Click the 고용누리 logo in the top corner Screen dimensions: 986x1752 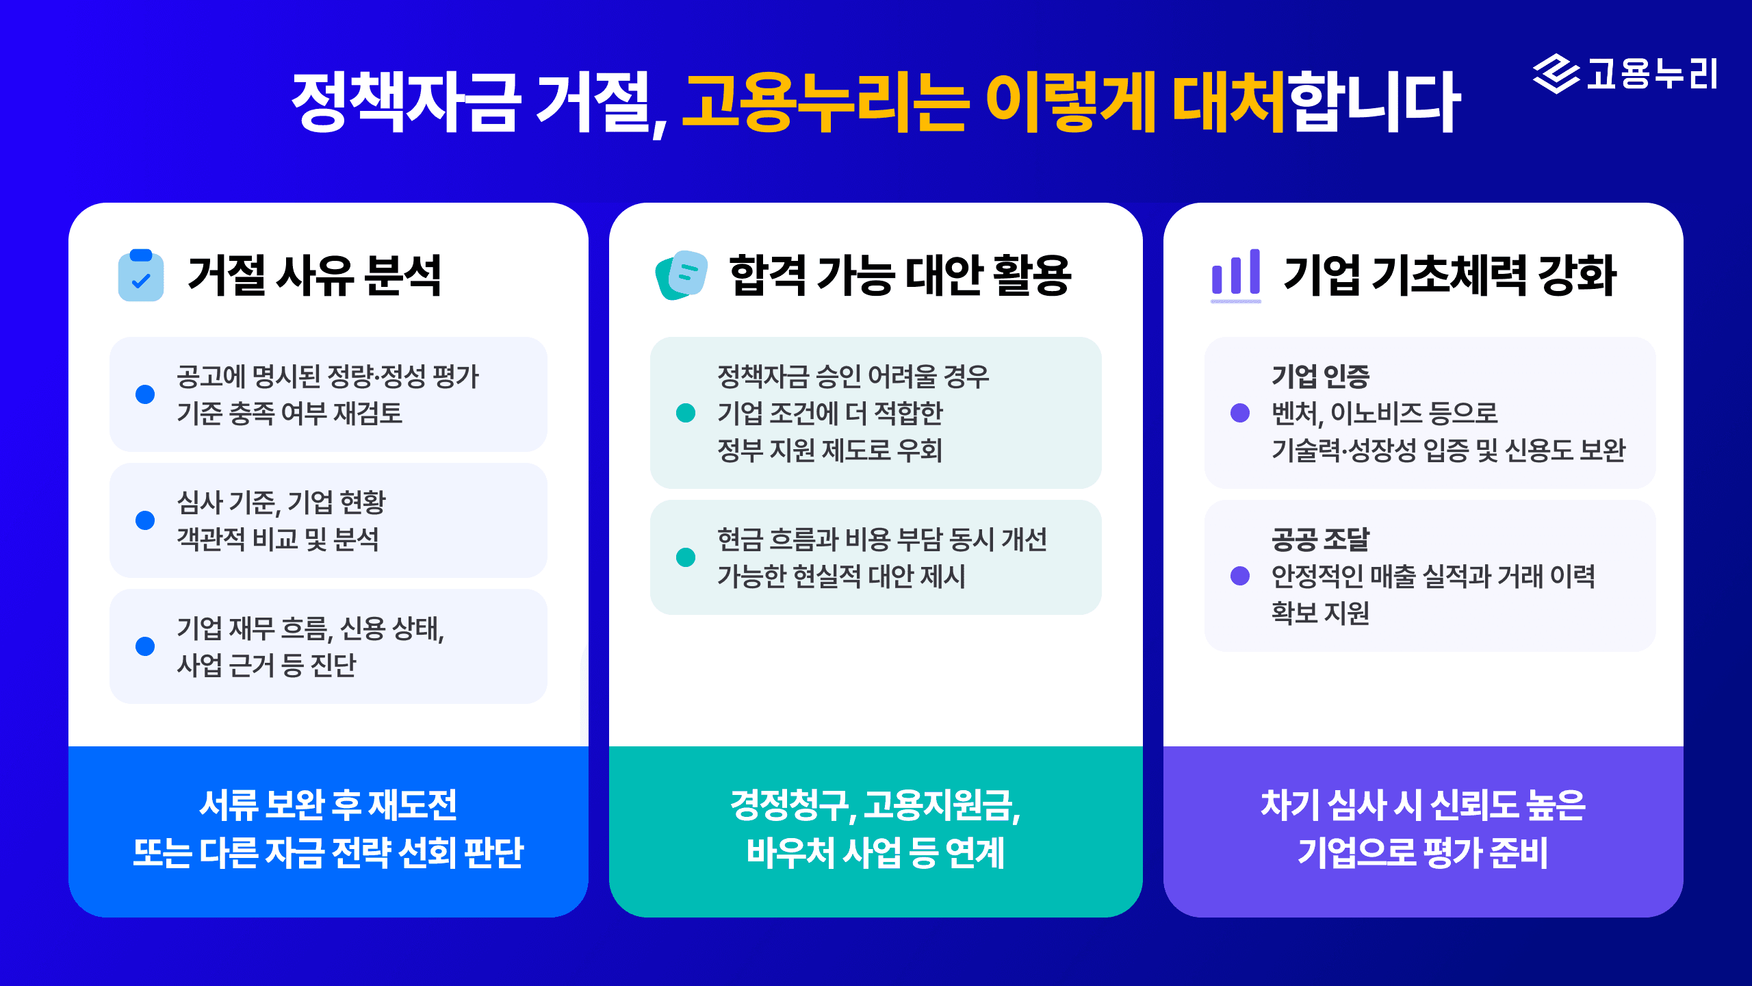tap(1625, 74)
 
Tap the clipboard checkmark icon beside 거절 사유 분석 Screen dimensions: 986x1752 tap(141, 275)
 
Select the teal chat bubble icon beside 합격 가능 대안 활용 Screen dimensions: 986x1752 tap(682, 275)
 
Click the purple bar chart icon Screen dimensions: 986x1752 tap(1236, 274)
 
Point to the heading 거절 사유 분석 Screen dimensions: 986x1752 tap(314, 275)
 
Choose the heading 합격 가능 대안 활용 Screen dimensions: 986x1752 tap(900, 275)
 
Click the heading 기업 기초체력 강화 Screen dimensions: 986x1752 tap(1450, 275)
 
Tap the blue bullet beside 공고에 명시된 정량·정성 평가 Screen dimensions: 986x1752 tap(145, 394)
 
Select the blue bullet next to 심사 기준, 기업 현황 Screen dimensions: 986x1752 tap(145, 520)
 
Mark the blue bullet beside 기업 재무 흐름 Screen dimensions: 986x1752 tap(145, 646)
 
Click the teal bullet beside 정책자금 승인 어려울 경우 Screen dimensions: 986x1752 tap(686, 413)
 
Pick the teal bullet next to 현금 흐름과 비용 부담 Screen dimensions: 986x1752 tap(686, 557)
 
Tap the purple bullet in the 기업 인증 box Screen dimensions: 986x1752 tap(1240, 413)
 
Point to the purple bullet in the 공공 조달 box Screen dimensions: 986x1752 tap(1240, 576)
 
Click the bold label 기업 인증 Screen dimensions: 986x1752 tap(1320, 376)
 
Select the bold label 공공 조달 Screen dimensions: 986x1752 tap(1320, 539)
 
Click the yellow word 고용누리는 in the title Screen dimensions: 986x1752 tap(825, 103)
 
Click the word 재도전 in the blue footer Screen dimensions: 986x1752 tap(413, 805)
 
